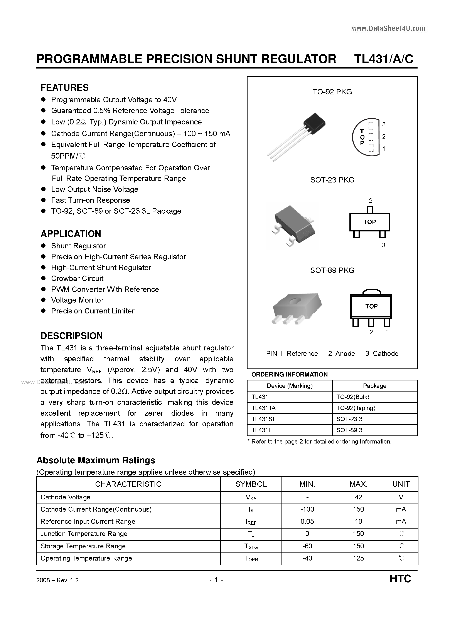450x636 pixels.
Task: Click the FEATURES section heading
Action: point(65,87)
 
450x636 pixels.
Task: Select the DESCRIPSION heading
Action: point(72,336)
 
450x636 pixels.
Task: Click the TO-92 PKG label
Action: point(332,92)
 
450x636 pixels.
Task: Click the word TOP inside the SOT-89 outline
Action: point(371,306)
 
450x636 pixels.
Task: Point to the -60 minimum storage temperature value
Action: point(307,546)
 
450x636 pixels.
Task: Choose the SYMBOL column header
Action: point(251,484)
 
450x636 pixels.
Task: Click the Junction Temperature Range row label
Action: point(84,534)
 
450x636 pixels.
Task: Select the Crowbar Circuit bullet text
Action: point(77,278)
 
